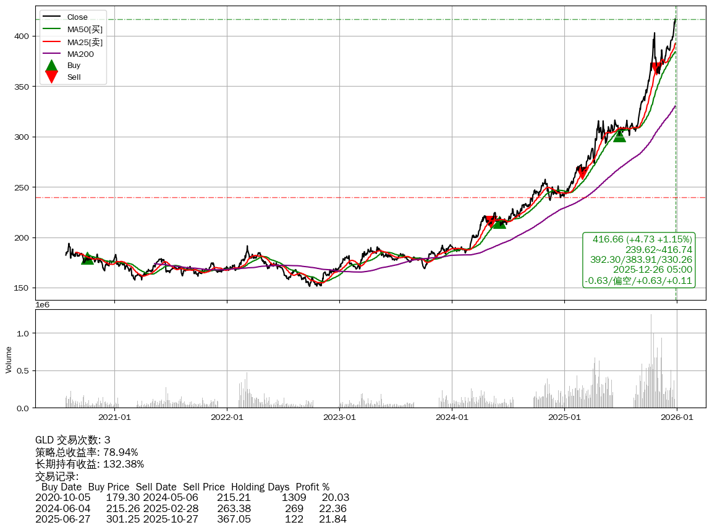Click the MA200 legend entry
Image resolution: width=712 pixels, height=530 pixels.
pos(80,54)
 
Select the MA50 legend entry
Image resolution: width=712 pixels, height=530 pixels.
pos(85,29)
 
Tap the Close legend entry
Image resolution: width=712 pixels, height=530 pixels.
pos(77,17)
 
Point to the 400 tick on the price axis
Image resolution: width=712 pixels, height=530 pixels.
pos(22,36)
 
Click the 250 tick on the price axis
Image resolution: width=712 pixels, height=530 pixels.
pos(22,187)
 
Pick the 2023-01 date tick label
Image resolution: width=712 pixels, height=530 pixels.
pos(339,417)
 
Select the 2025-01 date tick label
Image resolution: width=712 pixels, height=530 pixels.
pos(564,417)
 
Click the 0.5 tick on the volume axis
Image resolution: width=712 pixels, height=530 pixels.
pos(23,370)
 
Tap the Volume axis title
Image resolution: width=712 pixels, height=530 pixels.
pos(9,359)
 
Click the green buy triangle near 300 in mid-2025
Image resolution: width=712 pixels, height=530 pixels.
pos(619,135)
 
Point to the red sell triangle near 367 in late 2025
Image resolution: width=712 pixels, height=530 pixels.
pos(657,69)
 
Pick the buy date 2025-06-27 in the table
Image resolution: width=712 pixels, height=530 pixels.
pos(62,519)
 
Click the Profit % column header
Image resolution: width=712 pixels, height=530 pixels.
pos(312,487)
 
